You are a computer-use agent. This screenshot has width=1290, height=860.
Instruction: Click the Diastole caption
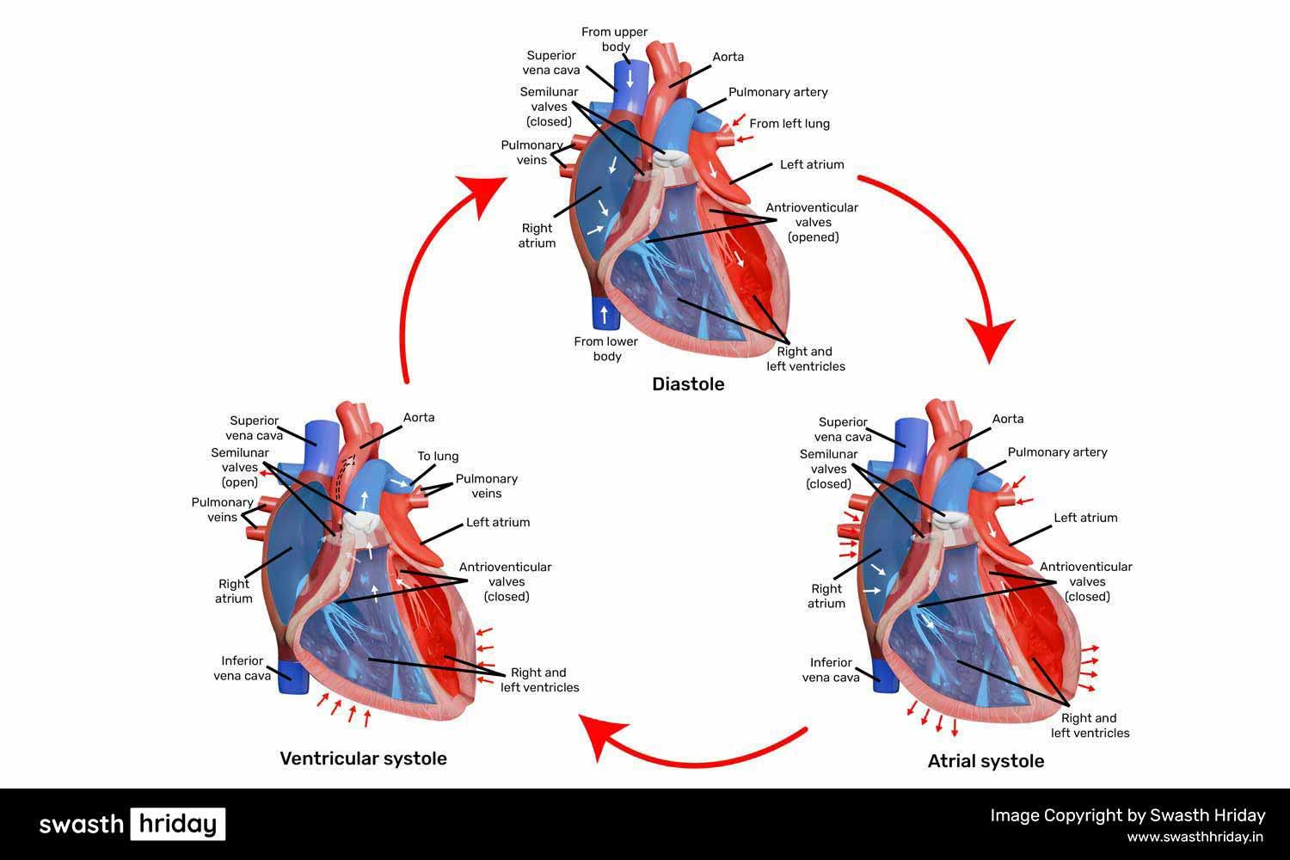coord(688,384)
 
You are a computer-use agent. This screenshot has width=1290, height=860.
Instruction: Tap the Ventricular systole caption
coord(363,759)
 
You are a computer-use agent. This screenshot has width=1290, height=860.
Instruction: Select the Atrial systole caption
coord(986,761)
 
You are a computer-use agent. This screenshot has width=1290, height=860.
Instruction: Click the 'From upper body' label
coord(614,40)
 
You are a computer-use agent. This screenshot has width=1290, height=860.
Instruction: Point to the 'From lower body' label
coord(606,348)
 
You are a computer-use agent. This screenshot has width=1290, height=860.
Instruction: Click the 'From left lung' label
coord(789,124)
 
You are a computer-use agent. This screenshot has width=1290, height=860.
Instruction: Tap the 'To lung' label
coord(438,457)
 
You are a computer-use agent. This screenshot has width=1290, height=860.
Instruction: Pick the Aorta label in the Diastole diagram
coord(728,57)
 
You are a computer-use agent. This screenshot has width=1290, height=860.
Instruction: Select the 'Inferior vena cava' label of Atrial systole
coord(831,669)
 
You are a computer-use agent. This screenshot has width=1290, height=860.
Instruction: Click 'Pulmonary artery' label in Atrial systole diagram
coord(1057,452)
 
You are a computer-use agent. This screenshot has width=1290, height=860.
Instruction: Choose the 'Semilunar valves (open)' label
coord(240,468)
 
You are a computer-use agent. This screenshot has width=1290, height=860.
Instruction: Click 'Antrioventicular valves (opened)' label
coord(812,222)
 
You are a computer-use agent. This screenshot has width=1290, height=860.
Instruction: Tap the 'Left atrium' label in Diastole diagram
coord(812,164)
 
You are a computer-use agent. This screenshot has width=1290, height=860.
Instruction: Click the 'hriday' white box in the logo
coord(178,824)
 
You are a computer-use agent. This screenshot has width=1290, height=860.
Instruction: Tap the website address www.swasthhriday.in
coord(1195,837)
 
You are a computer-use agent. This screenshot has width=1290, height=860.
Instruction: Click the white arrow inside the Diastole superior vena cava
coord(630,78)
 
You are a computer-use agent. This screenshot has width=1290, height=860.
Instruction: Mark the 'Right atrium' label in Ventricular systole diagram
coord(234,591)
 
